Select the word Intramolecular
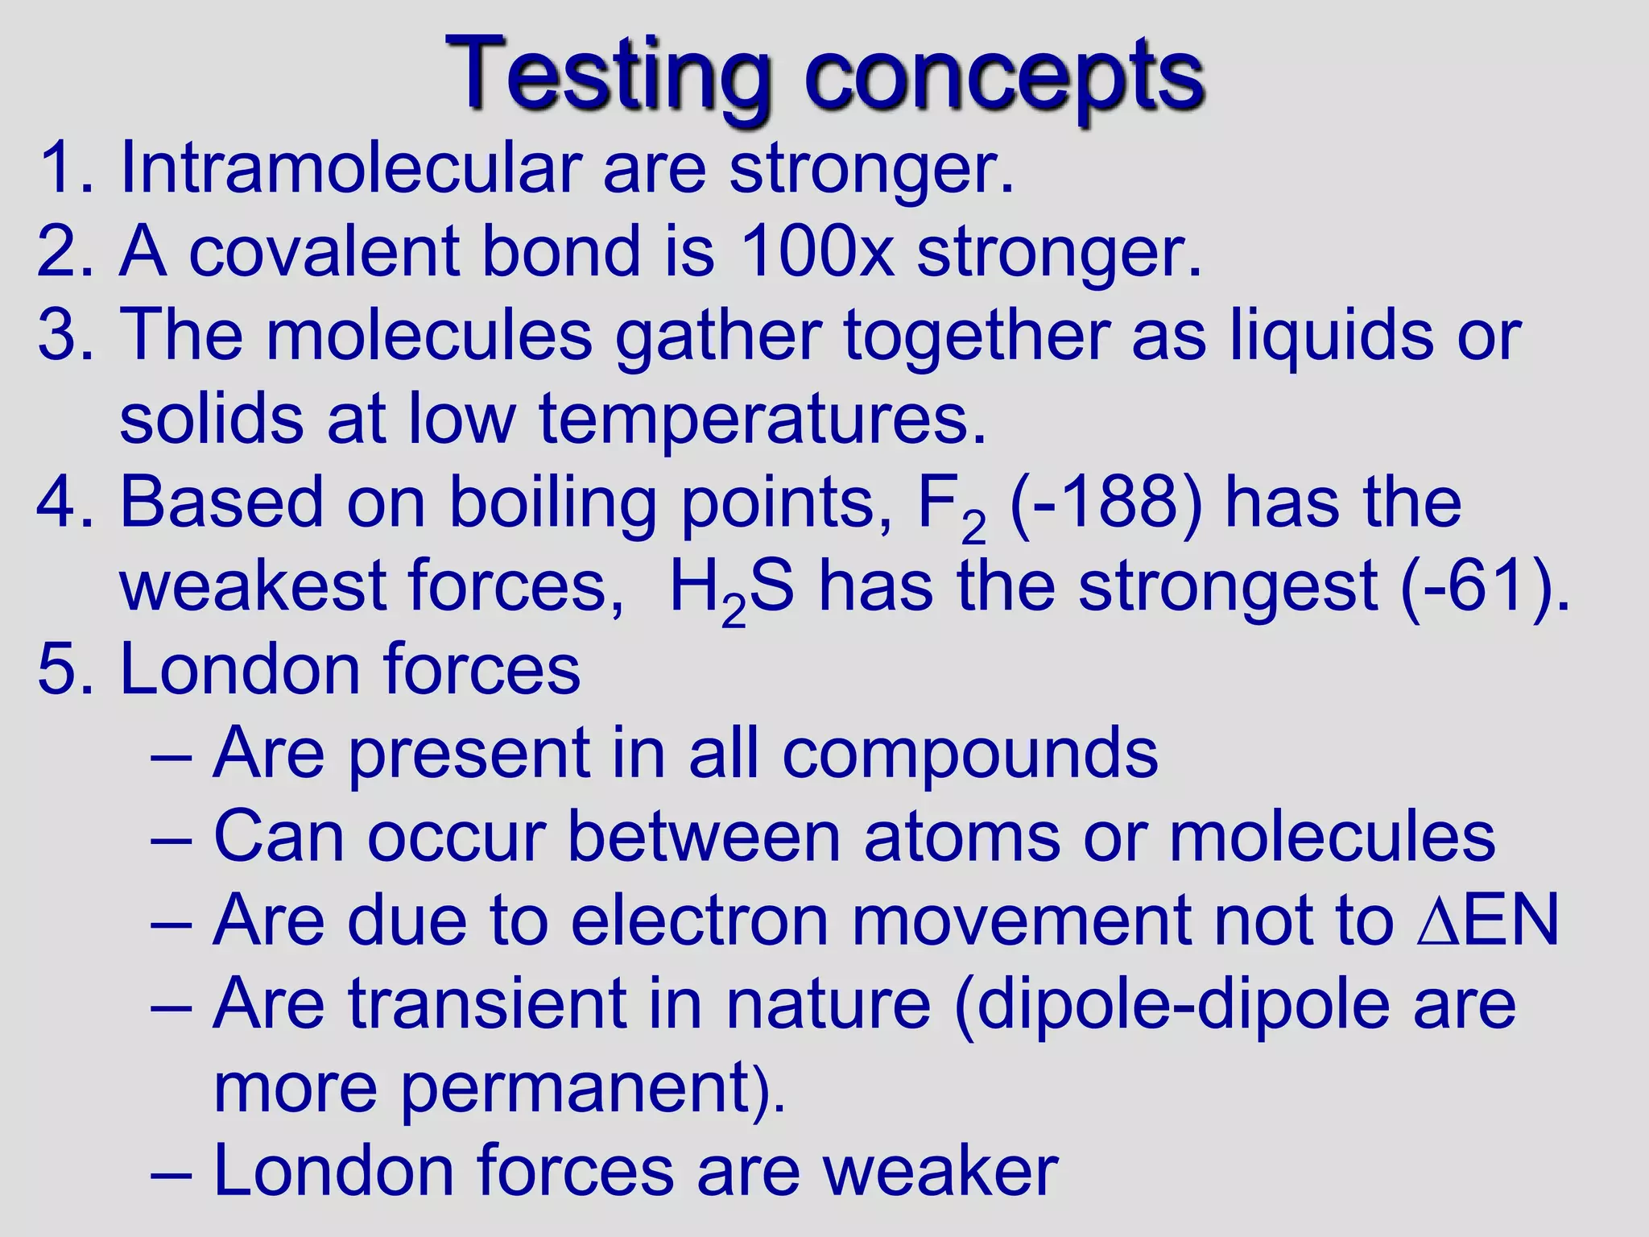(349, 169)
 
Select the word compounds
(970, 755)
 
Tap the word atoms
(961, 838)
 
